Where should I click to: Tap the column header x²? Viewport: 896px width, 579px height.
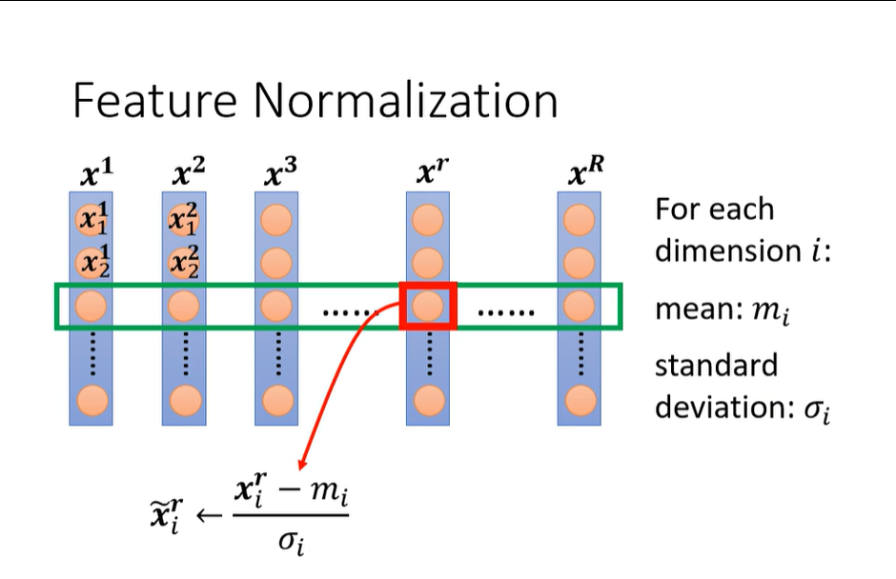[187, 174]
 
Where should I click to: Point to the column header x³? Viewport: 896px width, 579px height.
[278, 174]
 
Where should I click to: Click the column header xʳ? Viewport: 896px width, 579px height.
[428, 174]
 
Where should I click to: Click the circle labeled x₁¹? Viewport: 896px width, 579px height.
[92, 220]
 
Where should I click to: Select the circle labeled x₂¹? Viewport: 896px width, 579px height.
[92, 261]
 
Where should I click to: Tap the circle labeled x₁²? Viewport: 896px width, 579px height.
[184, 220]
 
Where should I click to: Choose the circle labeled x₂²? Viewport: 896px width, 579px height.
[184, 261]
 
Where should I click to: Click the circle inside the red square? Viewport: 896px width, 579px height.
[428, 306]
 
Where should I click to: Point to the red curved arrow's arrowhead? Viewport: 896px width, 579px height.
[303, 464]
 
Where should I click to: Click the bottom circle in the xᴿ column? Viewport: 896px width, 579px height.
[579, 400]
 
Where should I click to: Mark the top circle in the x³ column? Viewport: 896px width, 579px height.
[276, 220]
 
